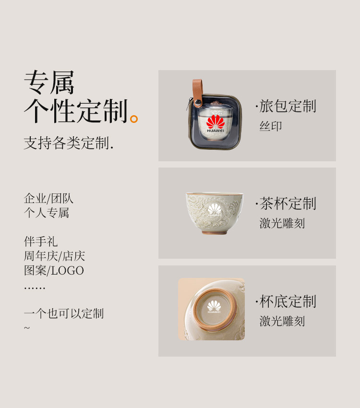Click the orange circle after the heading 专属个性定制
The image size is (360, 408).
click(x=134, y=119)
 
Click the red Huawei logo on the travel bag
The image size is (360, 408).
click(x=216, y=123)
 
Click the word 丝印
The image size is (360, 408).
click(x=271, y=126)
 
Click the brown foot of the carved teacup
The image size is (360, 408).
click(x=215, y=232)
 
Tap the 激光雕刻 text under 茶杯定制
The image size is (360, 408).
click(x=282, y=223)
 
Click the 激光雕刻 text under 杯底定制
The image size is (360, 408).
click(x=282, y=321)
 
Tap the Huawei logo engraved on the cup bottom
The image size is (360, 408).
click(x=214, y=307)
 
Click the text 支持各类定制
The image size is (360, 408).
click(x=69, y=143)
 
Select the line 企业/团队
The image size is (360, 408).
click(x=48, y=198)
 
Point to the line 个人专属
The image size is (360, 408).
click(x=47, y=213)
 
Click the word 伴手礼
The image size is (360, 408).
click(x=41, y=241)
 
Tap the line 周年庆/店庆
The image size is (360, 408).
click(x=54, y=256)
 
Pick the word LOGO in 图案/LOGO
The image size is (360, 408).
click(x=67, y=271)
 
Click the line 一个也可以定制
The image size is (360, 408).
click(x=64, y=313)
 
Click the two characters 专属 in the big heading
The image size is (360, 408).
click(x=49, y=82)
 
